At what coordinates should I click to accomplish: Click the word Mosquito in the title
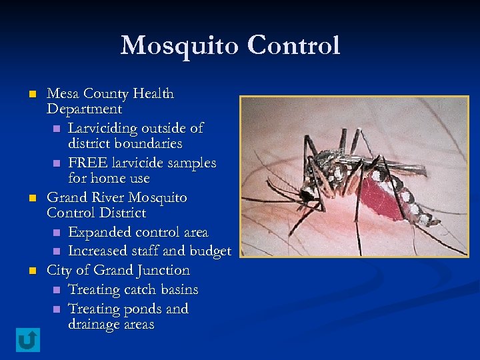179,45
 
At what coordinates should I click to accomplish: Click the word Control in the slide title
293,45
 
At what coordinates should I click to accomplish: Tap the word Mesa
62,93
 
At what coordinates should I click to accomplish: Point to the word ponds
143,309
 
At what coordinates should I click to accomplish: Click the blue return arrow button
27,340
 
